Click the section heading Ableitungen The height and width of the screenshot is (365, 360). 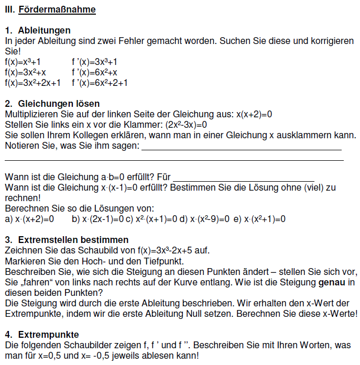click(x=45, y=30)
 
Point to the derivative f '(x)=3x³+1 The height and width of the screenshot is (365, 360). click(x=95, y=62)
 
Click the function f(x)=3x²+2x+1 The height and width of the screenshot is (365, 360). click(x=32, y=83)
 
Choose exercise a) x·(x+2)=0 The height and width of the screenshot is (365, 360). click(x=29, y=219)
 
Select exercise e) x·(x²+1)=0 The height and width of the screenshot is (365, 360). click(x=259, y=219)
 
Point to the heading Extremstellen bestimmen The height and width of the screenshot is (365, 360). click(x=66, y=240)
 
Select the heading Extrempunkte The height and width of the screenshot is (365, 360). click(x=48, y=334)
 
